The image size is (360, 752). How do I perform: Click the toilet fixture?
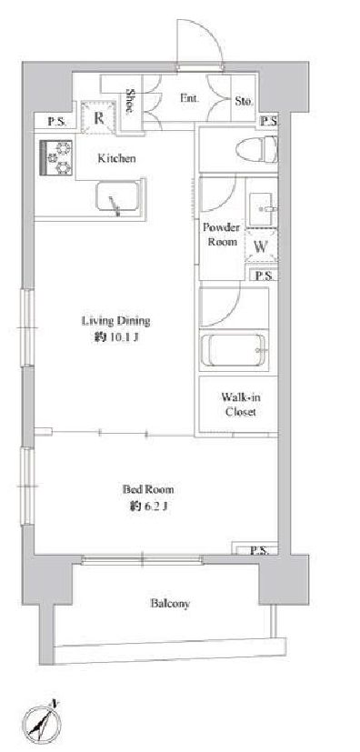point(257,149)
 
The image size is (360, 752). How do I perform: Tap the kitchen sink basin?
point(117,196)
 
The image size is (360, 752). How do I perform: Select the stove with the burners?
point(55,158)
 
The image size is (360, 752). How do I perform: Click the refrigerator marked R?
point(99,118)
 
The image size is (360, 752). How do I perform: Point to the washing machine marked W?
point(261,246)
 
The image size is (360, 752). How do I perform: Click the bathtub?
point(234,350)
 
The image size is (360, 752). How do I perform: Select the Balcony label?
point(170,603)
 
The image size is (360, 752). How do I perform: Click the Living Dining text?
point(116,320)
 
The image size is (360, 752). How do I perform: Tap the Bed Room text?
point(148,489)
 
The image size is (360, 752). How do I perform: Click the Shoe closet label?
point(129,100)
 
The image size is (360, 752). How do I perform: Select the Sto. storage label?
point(244,101)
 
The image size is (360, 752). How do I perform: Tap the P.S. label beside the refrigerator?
point(56,122)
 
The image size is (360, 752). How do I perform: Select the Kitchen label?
point(116,158)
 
